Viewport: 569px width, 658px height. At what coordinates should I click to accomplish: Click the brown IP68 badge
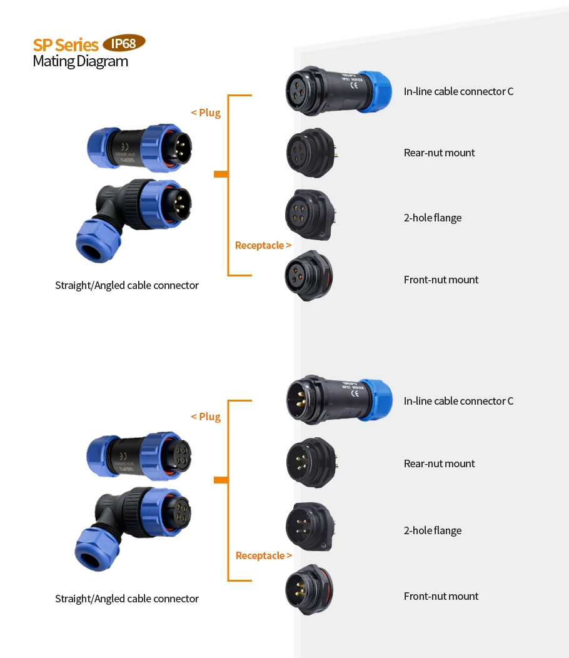124,43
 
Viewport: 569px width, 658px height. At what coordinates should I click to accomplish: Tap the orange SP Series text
66,45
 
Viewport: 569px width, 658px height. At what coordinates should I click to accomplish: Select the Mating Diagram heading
80,61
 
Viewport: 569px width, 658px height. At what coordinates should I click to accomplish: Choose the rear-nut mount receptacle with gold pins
311,463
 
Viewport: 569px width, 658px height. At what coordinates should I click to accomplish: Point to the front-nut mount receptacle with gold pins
308,590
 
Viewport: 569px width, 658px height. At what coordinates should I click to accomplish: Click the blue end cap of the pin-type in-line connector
376,400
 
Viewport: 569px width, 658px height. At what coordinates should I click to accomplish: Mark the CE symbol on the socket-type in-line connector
354,87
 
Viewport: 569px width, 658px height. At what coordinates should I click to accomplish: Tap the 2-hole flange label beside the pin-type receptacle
433,530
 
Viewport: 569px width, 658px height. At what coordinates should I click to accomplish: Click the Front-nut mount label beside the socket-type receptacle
441,280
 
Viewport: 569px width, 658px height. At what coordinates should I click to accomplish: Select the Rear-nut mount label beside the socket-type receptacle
439,153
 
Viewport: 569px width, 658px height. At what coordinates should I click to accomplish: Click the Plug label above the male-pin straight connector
206,113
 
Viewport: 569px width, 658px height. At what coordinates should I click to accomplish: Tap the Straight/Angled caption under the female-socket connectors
127,599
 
